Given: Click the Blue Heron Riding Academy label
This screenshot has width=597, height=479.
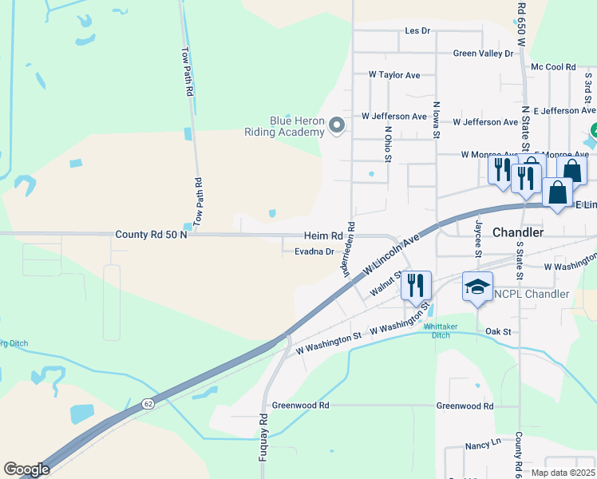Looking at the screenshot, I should (284, 126).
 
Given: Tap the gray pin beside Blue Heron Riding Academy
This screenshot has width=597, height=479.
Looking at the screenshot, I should (337, 125).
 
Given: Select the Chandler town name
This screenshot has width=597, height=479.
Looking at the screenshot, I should (518, 232).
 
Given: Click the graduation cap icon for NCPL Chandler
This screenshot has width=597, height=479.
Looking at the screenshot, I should (477, 287).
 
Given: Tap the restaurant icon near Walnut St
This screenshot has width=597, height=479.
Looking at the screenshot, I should (416, 285).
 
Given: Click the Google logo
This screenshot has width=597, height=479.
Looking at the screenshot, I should (26, 469).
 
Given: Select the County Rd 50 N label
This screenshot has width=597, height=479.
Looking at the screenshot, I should (151, 236).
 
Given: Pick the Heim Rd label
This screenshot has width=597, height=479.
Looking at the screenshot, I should (322, 236).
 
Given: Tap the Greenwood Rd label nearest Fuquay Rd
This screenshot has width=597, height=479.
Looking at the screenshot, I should (300, 406).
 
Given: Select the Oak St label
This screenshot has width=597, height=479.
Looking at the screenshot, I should (497, 331).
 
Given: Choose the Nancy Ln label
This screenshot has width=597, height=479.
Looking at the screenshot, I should (484, 441).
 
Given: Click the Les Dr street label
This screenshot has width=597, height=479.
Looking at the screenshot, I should (417, 31).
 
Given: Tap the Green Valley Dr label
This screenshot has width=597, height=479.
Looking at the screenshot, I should (483, 53).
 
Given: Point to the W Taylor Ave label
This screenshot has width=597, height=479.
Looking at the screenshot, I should (394, 74).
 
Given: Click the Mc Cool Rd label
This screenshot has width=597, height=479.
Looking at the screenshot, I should (553, 68).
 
